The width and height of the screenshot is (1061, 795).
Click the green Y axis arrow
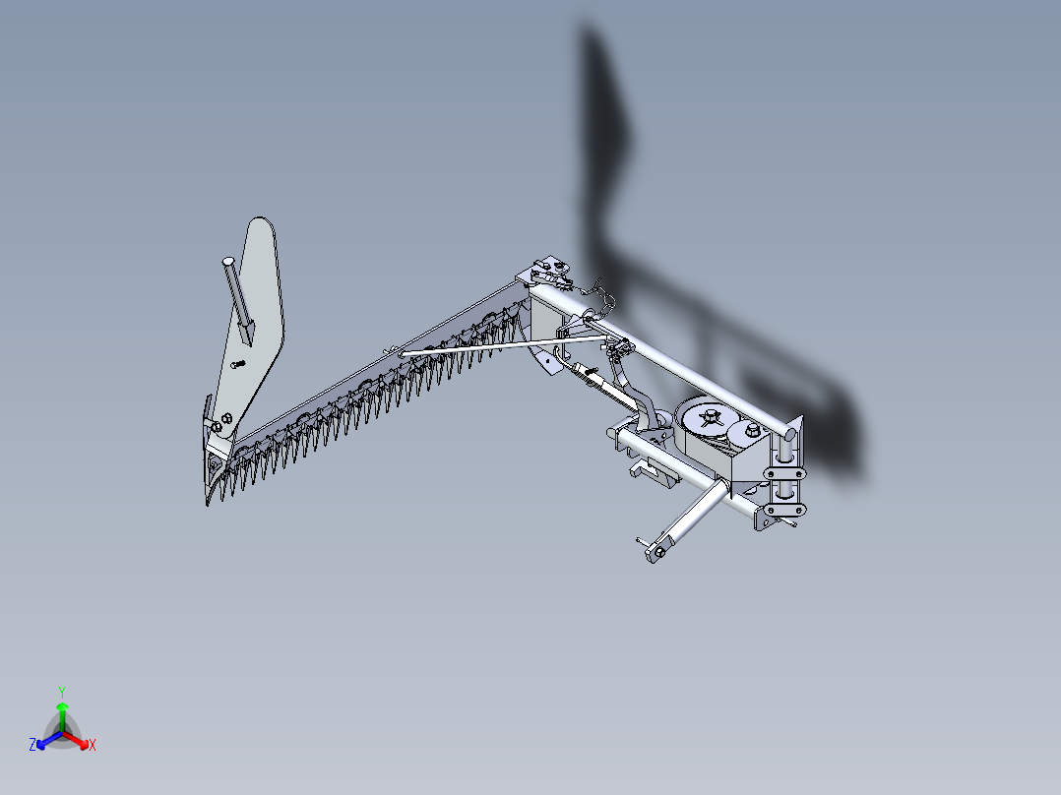(x=62, y=710)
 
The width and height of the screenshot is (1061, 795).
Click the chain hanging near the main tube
(x=597, y=288)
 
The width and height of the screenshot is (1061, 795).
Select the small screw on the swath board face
(x=236, y=364)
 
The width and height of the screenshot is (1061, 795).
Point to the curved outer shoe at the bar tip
(x=214, y=482)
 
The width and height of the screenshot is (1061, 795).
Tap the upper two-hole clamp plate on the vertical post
(x=784, y=475)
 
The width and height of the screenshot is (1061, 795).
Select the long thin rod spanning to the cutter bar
(x=492, y=346)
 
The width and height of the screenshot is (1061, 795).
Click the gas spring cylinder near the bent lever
(x=595, y=378)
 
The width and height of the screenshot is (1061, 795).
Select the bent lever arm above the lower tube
(x=640, y=403)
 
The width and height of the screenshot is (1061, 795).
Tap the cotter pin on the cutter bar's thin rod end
(x=393, y=350)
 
